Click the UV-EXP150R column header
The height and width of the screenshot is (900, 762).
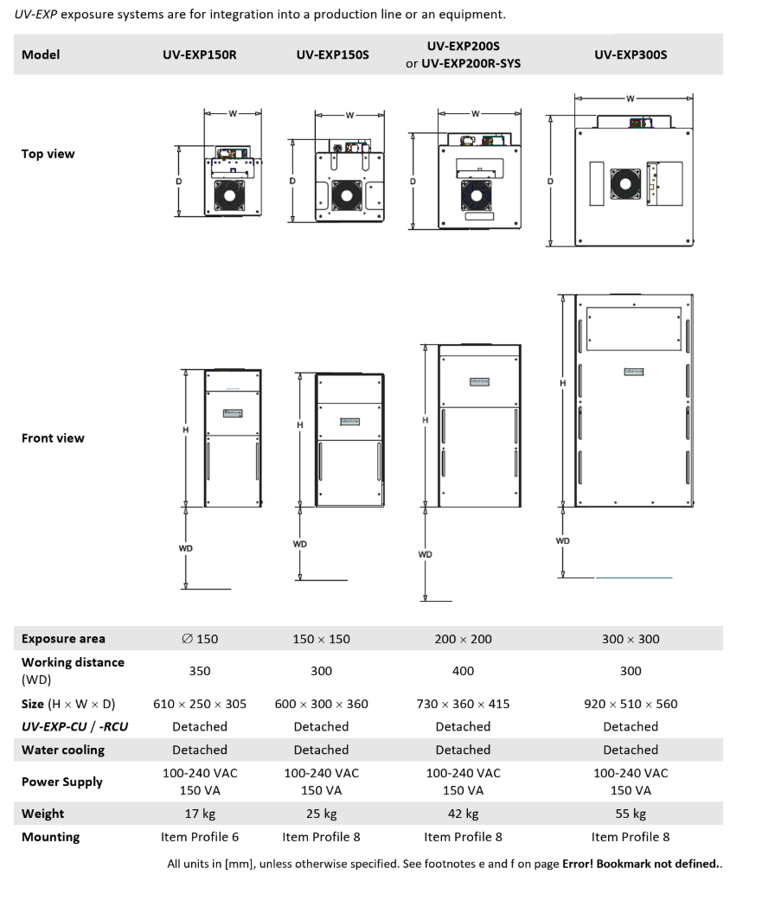click(x=199, y=54)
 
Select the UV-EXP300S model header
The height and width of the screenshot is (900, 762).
click(x=631, y=54)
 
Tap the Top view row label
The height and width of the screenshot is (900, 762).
click(x=48, y=154)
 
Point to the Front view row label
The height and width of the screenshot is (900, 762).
click(x=53, y=438)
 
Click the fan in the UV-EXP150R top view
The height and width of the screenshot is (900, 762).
click(x=232, y=196)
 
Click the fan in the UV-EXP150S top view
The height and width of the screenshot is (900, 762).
click(x=347, y=195)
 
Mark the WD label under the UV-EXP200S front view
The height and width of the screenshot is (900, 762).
click(x=425, y=554)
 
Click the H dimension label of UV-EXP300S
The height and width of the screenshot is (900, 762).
click(x=563, y=383)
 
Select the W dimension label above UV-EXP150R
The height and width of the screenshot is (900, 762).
click(x=233, y=112)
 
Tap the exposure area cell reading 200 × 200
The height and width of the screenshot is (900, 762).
click(x=463, y=639)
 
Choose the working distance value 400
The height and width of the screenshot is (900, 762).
click(x=463, y=671)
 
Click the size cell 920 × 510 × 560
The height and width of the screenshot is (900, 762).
click(x=631, y=704)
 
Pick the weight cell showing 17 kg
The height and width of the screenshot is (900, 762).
click(x=199, y=814)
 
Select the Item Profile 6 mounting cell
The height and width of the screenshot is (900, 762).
click(x=199, y=837)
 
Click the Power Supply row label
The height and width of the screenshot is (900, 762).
click(x=62, y=782)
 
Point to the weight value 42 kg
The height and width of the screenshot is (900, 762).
click(x=463, y=814)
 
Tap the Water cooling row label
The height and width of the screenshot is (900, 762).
click(x=63, y=750)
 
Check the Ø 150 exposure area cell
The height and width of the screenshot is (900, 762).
click(x=200, y=639)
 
